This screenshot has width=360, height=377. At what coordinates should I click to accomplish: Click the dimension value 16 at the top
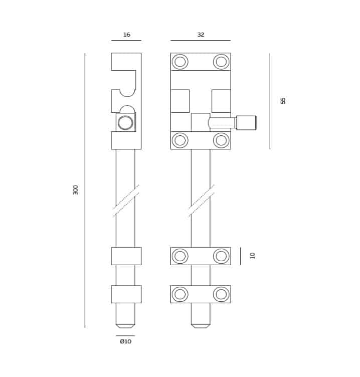127,35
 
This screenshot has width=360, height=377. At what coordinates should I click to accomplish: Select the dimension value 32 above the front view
201,35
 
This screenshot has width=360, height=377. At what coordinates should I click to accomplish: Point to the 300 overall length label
76,190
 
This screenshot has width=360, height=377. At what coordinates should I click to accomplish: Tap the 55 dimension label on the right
283,101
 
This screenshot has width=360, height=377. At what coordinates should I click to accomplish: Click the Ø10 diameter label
126,341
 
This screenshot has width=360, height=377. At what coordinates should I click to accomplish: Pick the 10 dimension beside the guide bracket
253,256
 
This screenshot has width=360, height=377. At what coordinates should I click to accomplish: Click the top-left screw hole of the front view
180,62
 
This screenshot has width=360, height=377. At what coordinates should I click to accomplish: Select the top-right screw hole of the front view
221,62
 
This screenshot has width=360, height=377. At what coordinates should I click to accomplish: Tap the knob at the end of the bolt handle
246,123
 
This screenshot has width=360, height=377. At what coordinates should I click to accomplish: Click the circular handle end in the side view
125,123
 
